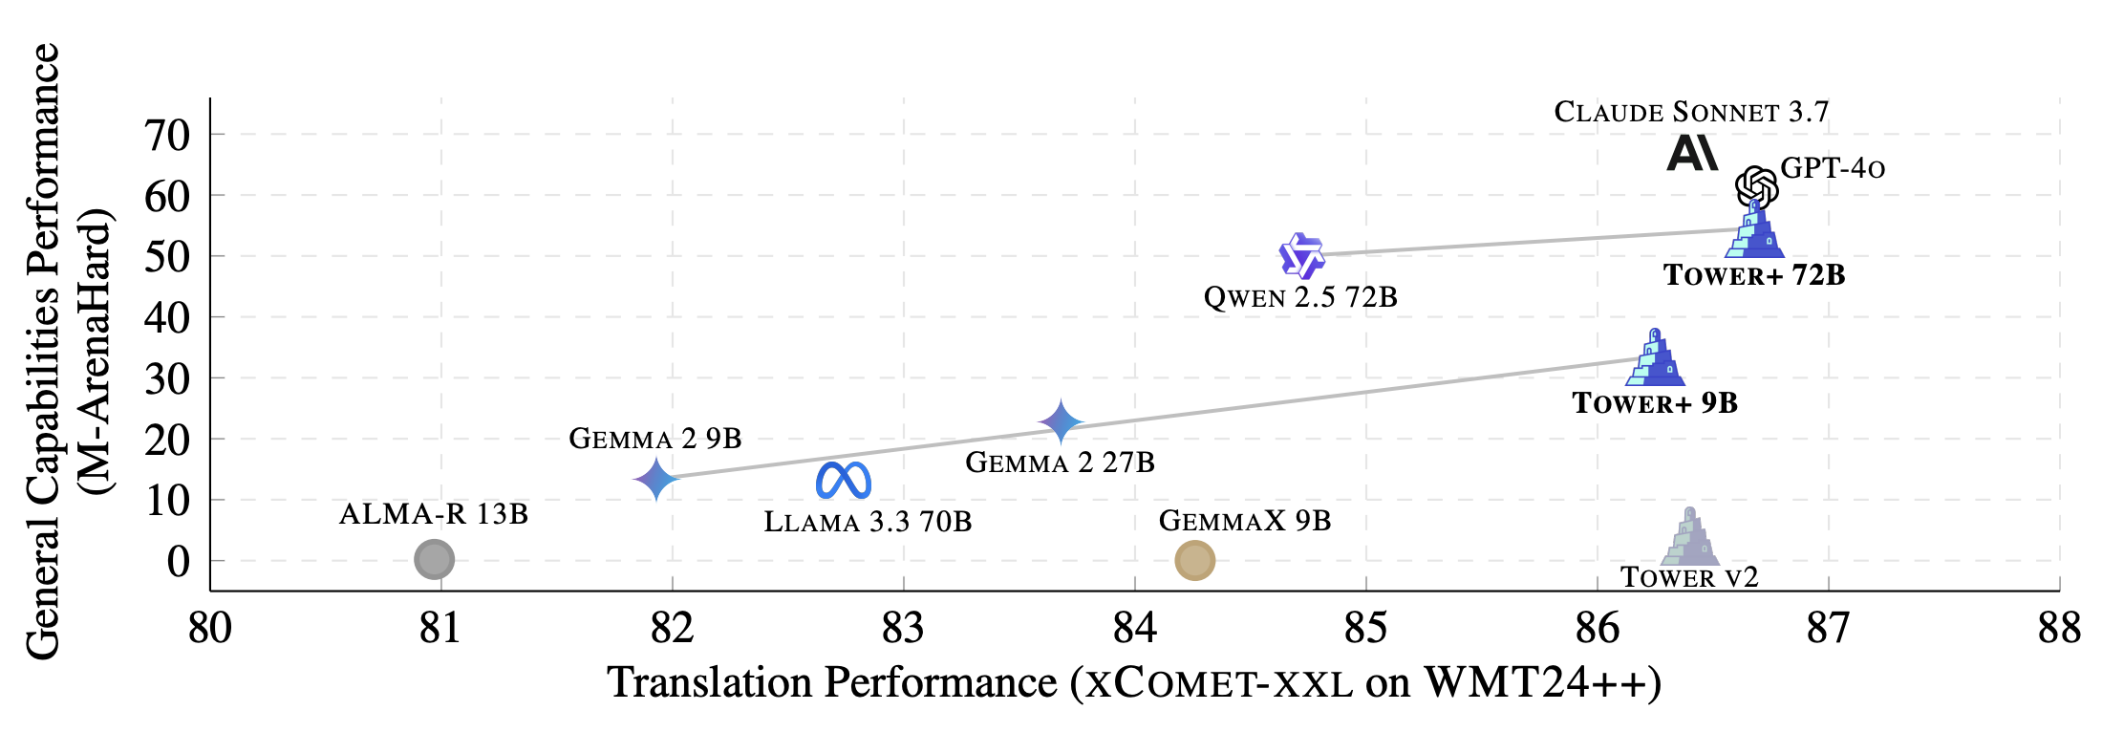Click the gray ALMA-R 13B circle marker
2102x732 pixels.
pyautogui.click(x=435, y=559)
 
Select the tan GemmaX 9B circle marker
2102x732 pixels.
pyautogui.click(x=1194, y=560)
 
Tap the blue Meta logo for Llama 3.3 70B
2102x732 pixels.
pyautogui.click(x=844, y=480)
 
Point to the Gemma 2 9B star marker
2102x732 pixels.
pyautogui.click(x=656, y=479)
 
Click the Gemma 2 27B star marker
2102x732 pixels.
pyautogui.click(x=1061, y=421)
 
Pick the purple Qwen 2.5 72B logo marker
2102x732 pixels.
pyautogui.click(x=1301, y=256)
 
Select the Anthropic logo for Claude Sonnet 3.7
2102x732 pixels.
pyautogui.click(x=1692, y=154)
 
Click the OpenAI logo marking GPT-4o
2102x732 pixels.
pyautogui.click(x=1756, y=186)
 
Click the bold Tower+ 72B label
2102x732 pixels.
pyautogui.click(x=1754, y=275)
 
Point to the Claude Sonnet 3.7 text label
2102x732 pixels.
pyautogui.click(x=1691, y=112)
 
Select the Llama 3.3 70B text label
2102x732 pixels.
pyautogui.click(x=868, y=522)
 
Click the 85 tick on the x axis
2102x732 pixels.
pyautogui.click(x=1365, y=628)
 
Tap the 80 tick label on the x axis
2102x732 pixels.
pyautogui.click(x=209, y=628)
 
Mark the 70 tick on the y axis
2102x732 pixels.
pyautogui.click(x=168, y=136)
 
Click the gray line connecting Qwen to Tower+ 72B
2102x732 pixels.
pyautogui.click(x=1529, y=243)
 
